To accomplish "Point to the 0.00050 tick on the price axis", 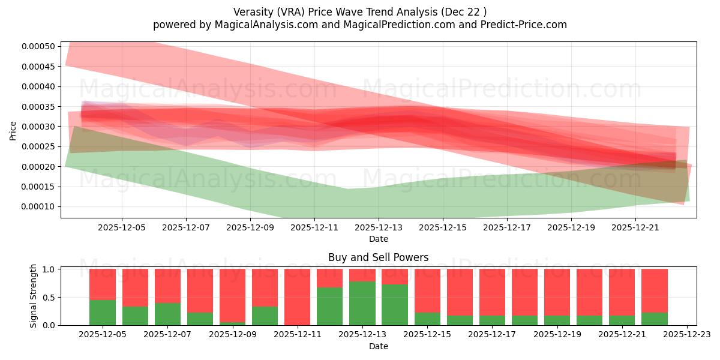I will (x=38, y=47).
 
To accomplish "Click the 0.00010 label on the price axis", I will (x=38, y=207).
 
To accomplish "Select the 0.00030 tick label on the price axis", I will (x=38, y=127).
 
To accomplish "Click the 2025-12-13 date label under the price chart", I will (x=379, y=227).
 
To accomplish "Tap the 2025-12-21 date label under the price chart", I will (x=636, y=227).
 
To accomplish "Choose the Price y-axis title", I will (x=13, y=130).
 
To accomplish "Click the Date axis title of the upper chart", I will (x=379, y=239).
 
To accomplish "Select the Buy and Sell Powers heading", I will (x=379, y=257).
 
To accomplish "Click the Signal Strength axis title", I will (x=34, y=296).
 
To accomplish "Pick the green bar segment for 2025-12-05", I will (x=103, y=312).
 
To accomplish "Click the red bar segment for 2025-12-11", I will (x=297, y=296).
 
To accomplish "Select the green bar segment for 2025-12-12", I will (x=329, y=306).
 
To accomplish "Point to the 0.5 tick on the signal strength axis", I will (x=50, y=297).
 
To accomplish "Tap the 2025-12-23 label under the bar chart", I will (x=687, y=335).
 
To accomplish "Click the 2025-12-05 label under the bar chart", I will (x=103, y=335).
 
